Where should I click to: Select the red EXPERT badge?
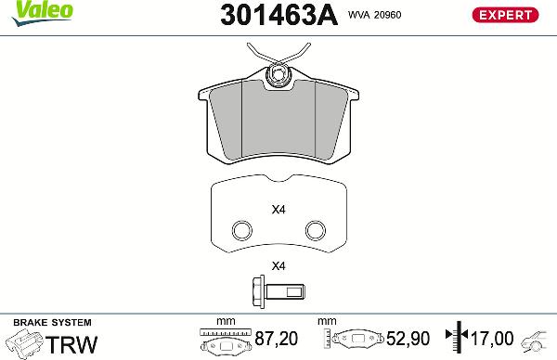click(508, 14)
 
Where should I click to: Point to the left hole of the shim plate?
click(241, 230)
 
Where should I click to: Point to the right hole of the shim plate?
click(316, 230)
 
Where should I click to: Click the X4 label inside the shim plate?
click(278, 210)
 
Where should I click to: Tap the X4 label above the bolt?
click(278, 268)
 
